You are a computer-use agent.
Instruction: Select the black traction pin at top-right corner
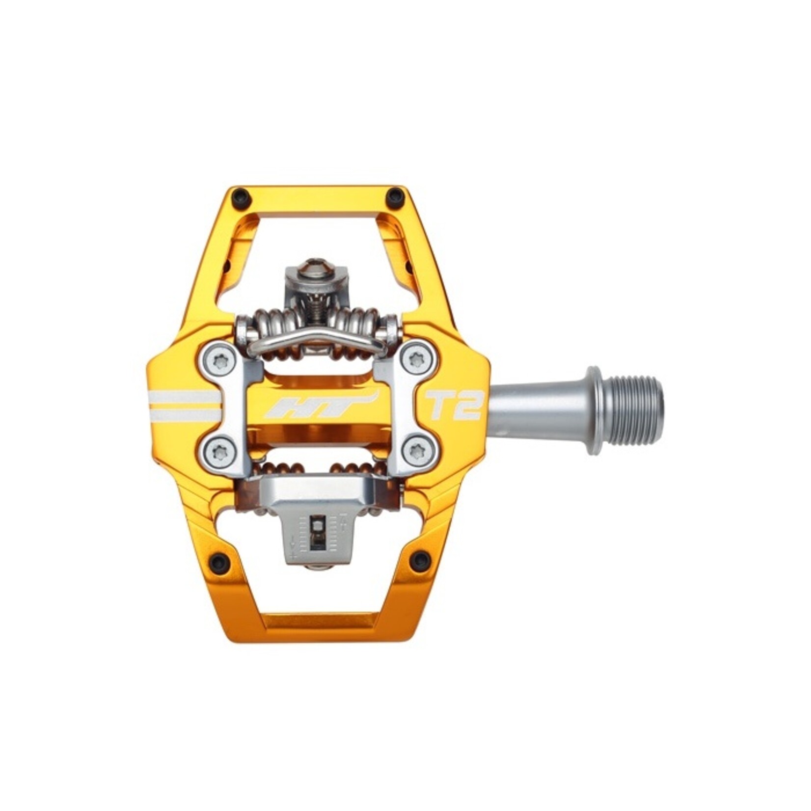point(394,197)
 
